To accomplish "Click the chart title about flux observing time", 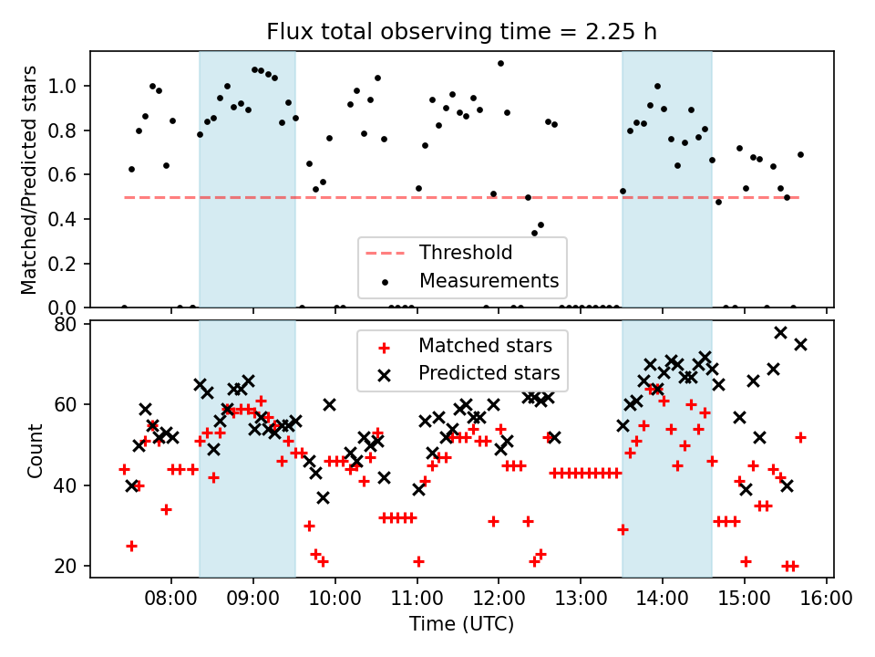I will pos(461,32).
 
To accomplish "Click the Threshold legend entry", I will pos(466,253).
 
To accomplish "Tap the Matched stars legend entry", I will pos(485,346).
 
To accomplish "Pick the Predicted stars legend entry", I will pos(489,373).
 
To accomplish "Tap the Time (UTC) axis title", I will pos(461,624).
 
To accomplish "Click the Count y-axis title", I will pos(36,450).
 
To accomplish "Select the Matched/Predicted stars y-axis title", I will pos(29,180).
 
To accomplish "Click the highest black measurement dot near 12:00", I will pos(500,63).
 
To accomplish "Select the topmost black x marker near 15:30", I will pos(780,332).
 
